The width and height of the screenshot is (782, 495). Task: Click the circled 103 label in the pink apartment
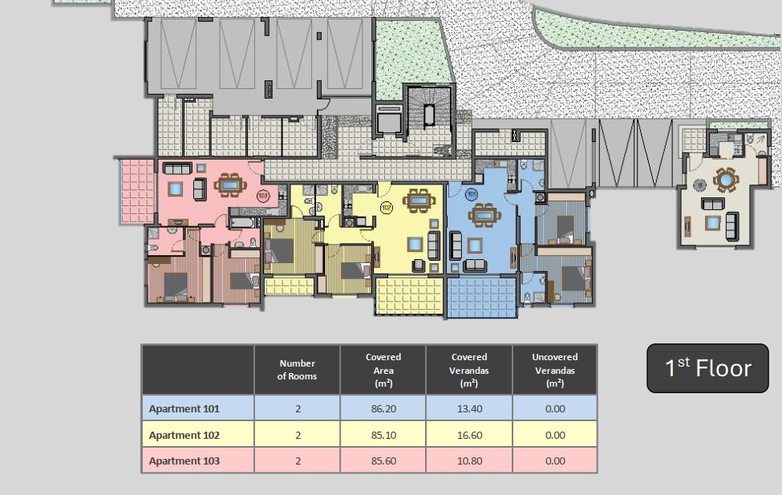pos(263,195)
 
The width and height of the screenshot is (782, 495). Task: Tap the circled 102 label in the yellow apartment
pos(386,207)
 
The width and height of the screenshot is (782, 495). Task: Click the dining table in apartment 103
pos(230,185)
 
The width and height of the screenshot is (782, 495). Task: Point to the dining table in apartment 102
pos(419,201)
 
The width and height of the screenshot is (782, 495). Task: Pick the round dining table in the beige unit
pos(726,179)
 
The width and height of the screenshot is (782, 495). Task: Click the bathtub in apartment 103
pos(245,222)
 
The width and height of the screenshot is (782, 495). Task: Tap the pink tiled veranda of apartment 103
pos(137,191)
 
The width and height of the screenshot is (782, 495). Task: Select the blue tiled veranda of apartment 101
pos(481,298)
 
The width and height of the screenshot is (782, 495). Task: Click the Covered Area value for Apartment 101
pos(383,408)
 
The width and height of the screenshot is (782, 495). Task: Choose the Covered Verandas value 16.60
pos(469,435)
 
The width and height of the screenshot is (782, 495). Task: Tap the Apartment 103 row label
pos(184,461)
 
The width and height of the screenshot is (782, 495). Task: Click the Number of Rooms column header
pos(298,370)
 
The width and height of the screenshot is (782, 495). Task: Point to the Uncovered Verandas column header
pos(554,371)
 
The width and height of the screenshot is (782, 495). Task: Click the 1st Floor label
pos(707,368)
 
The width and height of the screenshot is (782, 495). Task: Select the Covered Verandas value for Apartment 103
pos(469,461)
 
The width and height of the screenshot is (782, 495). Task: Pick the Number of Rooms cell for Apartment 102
pos(298,435)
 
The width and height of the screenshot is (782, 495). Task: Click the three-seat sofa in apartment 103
pos(177,168)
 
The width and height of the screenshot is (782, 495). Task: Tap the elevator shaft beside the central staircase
pos(389,120)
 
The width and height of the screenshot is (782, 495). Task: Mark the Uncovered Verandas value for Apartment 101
pos(555,408)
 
